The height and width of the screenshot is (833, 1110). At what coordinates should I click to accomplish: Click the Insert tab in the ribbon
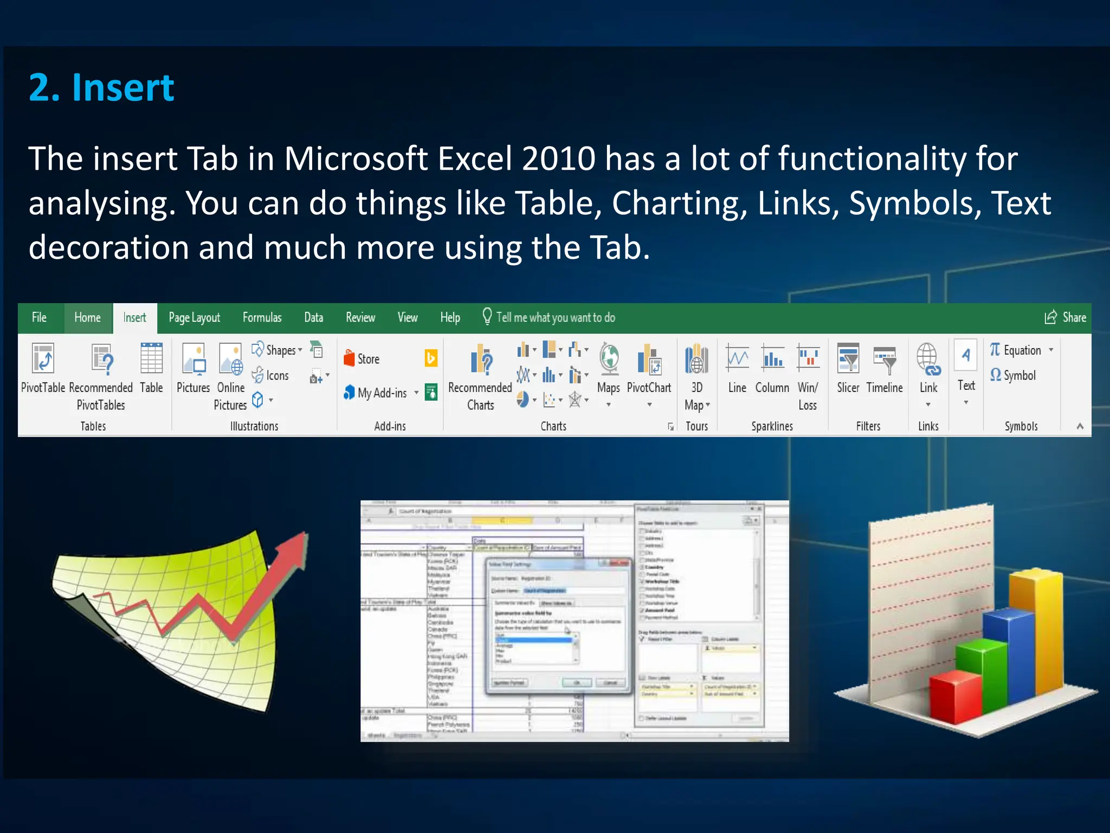[134, 318]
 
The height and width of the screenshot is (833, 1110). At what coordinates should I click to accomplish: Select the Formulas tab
[262, 318]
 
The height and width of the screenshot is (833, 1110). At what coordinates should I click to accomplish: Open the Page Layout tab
[194, 318]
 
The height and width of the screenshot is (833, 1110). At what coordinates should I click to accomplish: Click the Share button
[1066, 318]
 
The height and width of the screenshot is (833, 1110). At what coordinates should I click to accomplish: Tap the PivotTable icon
[43, 359]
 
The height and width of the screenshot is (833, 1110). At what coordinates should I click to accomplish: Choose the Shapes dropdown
[277, 350]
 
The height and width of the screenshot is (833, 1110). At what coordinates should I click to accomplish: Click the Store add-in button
[362, 359]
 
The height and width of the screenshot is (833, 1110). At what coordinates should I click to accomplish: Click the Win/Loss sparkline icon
[808, 358]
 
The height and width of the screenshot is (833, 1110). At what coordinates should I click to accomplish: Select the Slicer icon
[848, 358]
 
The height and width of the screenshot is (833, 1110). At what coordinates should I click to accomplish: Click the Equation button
[1016, 350]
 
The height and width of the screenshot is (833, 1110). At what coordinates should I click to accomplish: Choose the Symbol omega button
[1012, 375]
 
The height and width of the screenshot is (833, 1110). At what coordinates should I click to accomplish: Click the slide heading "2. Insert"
[101, 87]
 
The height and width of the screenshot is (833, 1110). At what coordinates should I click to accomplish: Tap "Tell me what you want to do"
[555, 318]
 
